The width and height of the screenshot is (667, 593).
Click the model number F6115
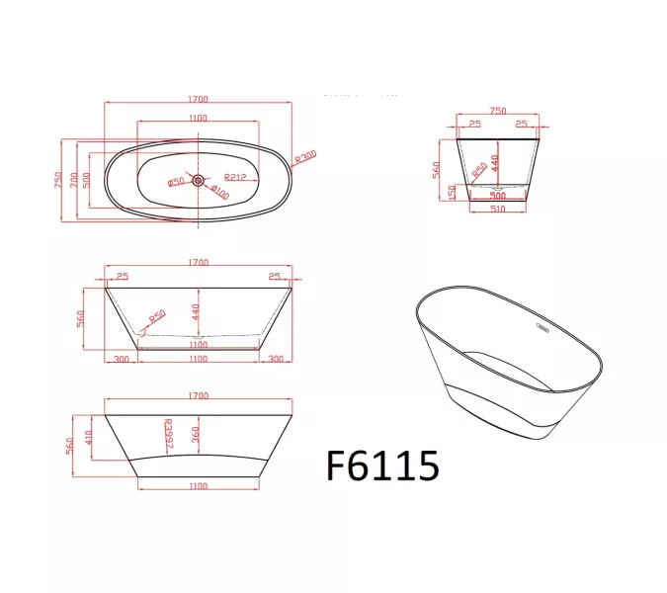381,465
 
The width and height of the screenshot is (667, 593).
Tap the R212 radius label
234,178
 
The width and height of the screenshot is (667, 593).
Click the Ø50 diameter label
176,182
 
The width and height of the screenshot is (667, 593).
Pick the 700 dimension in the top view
72,180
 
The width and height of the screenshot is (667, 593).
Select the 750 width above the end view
497,112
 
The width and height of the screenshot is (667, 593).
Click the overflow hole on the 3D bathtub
542,324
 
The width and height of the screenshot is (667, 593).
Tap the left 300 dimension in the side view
121,359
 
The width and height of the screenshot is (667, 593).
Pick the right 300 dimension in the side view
276,359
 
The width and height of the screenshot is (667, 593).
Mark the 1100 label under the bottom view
198,486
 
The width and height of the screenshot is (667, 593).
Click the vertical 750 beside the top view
59,180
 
